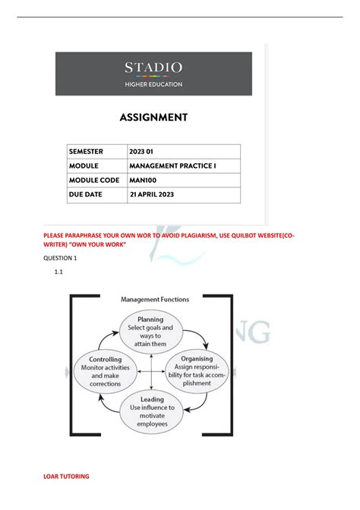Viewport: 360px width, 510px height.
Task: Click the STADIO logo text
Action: tap(153, 68)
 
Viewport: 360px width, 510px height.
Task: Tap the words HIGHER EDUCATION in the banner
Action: tap(153, 84)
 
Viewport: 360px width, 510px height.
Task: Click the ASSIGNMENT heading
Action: tap(153, 118)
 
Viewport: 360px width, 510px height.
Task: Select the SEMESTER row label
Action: tap(86, 151)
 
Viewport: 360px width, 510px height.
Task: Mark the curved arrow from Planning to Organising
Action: tap(196, 335)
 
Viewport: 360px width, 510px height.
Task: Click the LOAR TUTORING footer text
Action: tap(68, 476)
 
